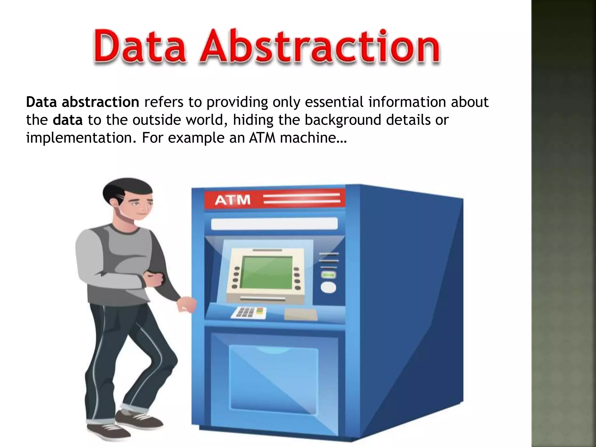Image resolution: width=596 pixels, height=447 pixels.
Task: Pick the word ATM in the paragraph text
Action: [262, 138]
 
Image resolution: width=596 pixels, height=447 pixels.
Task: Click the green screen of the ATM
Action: [267, 272]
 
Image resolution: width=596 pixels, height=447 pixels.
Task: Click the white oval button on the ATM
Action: [328, 288]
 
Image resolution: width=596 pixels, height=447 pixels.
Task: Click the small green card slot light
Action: [328, 275]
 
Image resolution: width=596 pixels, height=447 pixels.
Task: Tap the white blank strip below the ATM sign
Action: [274, 224]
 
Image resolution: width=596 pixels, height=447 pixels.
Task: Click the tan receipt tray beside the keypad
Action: [301, 314]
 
